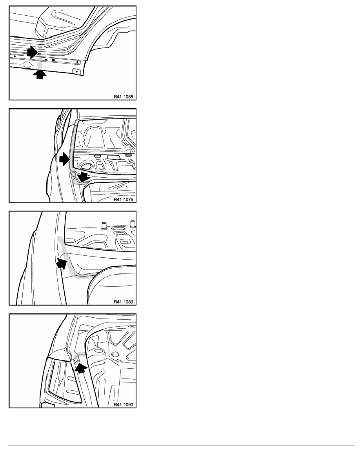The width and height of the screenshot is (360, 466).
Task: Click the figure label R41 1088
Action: (x=123, y=96)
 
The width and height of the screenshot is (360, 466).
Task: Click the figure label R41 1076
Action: (x=123, y=199)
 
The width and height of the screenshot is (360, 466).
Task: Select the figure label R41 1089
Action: (x=123, y=302)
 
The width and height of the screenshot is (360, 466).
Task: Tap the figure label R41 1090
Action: (x=123, y=404)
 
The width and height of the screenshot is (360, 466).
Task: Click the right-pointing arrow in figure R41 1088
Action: (x=33, y=53)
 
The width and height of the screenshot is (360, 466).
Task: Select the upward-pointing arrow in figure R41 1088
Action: (x=40, y=74)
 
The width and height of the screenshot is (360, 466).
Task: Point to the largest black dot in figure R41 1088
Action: (x=53, y=60)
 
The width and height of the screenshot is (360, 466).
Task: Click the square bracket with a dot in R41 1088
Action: (x=76, y=71)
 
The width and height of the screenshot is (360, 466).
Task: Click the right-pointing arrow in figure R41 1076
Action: (x=64, y=160)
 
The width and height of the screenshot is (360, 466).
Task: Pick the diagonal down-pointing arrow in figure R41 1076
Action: (x=83, y=177)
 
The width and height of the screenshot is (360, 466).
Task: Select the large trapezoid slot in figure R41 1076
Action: (x=113, y=158)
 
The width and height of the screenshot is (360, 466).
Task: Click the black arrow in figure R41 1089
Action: (x=62, y=263)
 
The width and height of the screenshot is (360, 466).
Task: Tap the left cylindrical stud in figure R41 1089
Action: (x=104, y=226)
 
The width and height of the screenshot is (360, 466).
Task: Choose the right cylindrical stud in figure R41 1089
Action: (x=133, y=224)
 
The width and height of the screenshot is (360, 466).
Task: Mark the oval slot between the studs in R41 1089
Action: (x=118, y=228)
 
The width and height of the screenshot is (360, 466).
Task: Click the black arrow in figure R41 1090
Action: (x=80, y=368)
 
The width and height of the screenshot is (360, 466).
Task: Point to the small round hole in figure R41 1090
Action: (x=116, y=354)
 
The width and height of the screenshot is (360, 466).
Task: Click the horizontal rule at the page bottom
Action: (x=182, y=446)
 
